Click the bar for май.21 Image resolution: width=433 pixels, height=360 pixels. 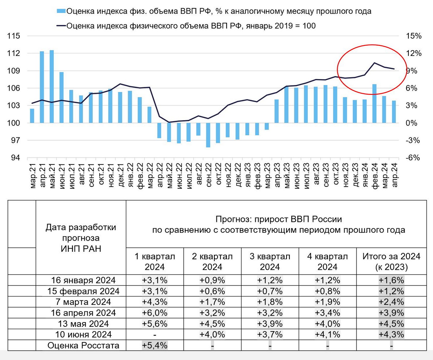(x=52, y=87)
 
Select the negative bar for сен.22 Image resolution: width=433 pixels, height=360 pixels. (x=208, y=135)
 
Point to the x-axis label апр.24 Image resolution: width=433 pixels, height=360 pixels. (x=394, y=175)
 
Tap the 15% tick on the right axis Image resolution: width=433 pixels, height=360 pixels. (x=414, y=36)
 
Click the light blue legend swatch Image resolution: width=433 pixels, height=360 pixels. (x=61, y=11)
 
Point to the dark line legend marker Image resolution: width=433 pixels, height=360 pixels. (x=61, y=26)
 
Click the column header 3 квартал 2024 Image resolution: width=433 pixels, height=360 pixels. (x=270, y=262)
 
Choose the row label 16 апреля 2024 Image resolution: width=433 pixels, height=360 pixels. (x=81, y=312)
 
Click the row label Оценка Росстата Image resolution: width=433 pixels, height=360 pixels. (x=83, y=346)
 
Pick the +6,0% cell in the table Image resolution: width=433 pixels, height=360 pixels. (x=155, y=312)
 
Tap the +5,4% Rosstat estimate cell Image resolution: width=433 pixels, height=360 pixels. (x=155, y=346)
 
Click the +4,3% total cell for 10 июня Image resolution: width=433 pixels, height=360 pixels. (x=392, y=334)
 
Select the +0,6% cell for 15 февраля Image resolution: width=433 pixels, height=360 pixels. (x=212, y=291)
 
